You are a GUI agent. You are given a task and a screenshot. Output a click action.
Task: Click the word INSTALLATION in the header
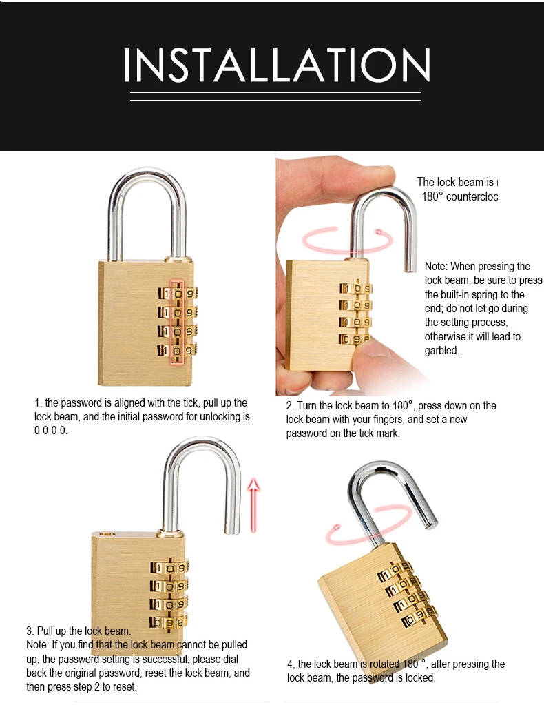[x=277, y=65]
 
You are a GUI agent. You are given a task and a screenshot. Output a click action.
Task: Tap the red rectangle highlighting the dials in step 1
[x=177, y=321]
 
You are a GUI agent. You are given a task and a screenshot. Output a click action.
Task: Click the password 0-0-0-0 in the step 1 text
[x=51, y=431]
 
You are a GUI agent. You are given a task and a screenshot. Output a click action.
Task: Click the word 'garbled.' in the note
[x=441, y=350]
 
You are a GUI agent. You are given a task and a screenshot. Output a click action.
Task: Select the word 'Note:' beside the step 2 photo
[x=436, y=267]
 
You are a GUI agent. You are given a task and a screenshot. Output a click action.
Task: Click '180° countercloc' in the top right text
[x=459, y=196]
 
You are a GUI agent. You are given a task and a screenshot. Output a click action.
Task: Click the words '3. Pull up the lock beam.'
[x=78, y=631]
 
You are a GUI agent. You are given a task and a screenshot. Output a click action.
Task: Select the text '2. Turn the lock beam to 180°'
[x=349, y=406]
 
